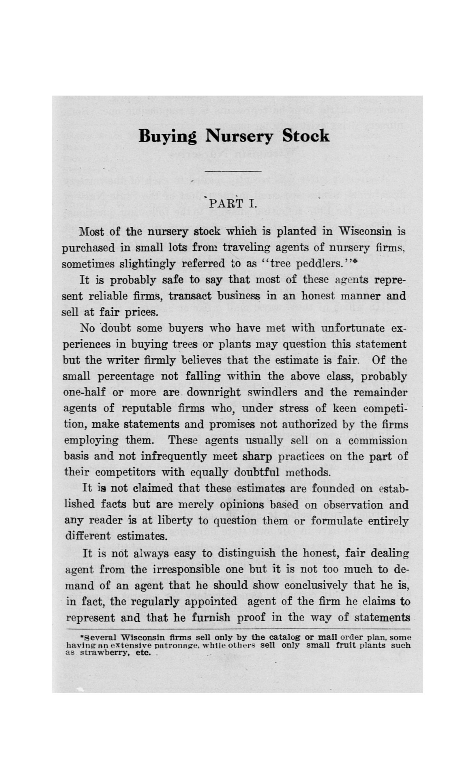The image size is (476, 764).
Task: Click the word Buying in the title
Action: click(168, 137)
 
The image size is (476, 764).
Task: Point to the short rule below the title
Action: click(233, 171)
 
